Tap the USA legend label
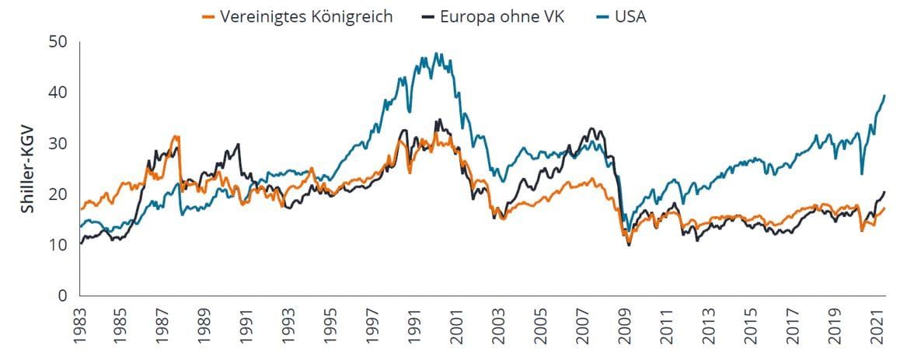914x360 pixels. [627, 16]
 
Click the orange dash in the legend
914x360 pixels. [208, 16]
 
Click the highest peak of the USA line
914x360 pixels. [436, 53]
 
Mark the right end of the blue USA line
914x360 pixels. [885, 95]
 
